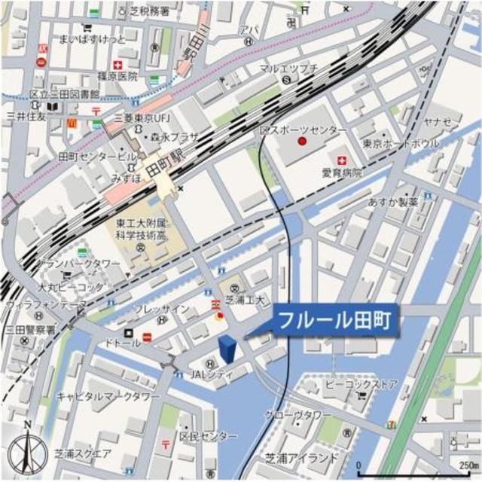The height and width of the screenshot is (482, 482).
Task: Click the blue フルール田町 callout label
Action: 334,320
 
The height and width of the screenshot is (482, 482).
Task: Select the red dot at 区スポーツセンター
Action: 302,141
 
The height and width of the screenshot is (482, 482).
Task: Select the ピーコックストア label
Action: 349,384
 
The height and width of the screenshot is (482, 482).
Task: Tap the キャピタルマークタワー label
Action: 108,396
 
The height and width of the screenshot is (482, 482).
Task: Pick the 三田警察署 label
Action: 29,329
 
